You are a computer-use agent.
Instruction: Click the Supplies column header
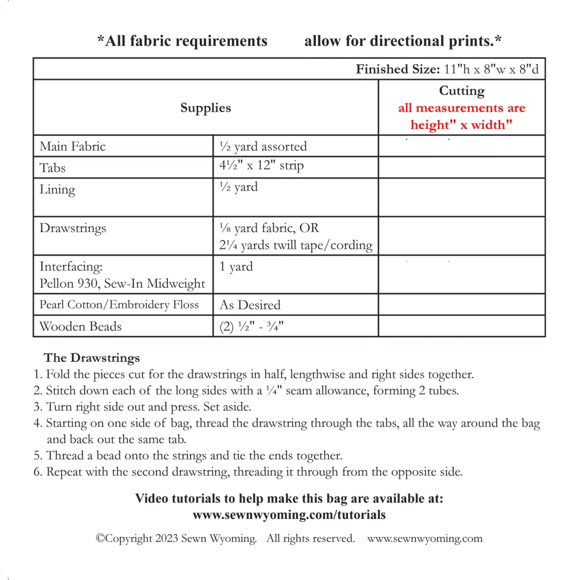click(205, 108)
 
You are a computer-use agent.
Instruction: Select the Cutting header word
click(462, 90)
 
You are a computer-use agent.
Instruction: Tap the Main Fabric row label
click(72, 147)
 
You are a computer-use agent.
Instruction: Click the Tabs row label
click(53, 168)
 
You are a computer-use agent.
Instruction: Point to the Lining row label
click(57, 189)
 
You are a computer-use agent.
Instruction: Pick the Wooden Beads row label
click(80, 326)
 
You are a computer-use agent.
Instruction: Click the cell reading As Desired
click(250, 305)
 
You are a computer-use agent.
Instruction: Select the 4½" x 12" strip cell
click(261, 165)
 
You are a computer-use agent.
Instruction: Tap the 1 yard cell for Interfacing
click(236, 266)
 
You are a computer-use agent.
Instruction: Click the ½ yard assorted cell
click(263, 147)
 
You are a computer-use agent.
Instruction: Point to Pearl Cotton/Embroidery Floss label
click(119, 305)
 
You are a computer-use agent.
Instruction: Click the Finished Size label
click(398, 69)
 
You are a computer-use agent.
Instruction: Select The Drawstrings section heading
click(92, 358)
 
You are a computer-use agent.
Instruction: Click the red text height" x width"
click(461, 125)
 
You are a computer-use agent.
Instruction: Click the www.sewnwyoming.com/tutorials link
click(289, 515)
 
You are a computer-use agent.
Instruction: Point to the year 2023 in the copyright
click(167, 538)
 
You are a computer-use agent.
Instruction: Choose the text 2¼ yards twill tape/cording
click(296, 245)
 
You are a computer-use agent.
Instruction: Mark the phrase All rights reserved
click(310, 538)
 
